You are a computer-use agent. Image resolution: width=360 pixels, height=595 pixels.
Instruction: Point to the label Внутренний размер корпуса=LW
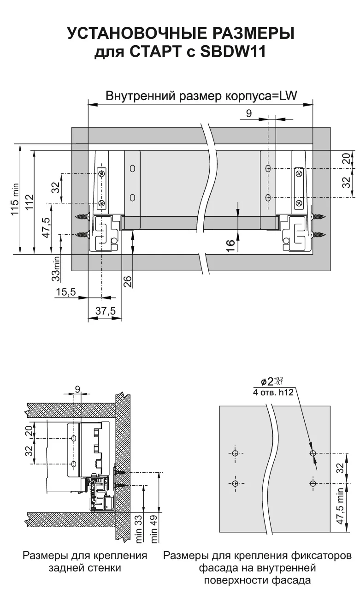pyautogui.click(x=201, y=95)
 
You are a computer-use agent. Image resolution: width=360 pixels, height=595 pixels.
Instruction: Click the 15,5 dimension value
pyautogui.click(x=65, y=292)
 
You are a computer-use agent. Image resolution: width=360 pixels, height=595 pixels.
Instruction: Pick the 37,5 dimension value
pyautogui.click(x=105, y=311)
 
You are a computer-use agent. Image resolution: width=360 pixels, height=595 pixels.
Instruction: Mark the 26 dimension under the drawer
pyautogui.click(x=128, y=281)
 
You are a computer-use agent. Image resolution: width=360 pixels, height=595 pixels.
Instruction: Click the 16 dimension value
pyautogui.click(x=231, y=244)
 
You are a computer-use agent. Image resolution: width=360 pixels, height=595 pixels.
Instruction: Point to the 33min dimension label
pyautogui.click(x=56, y=269)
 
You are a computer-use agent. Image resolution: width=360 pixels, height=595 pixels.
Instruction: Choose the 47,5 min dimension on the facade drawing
pyautogui.click(x=340, y=506)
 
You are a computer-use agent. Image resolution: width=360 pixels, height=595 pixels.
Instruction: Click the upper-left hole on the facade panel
pyautogui.click(x=235, y=453)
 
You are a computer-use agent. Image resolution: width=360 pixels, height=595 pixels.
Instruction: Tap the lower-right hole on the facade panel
pyautogui.click(x=313, y=483)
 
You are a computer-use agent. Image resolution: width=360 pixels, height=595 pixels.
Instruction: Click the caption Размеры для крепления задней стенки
pyautogui.click(x=85, y=561)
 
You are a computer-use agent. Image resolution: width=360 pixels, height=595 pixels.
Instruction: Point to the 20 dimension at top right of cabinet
pyautogui.click(x=346, y=159)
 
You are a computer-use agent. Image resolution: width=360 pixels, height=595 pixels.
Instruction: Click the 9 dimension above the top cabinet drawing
pyautogui.click(x=249, y=113)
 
